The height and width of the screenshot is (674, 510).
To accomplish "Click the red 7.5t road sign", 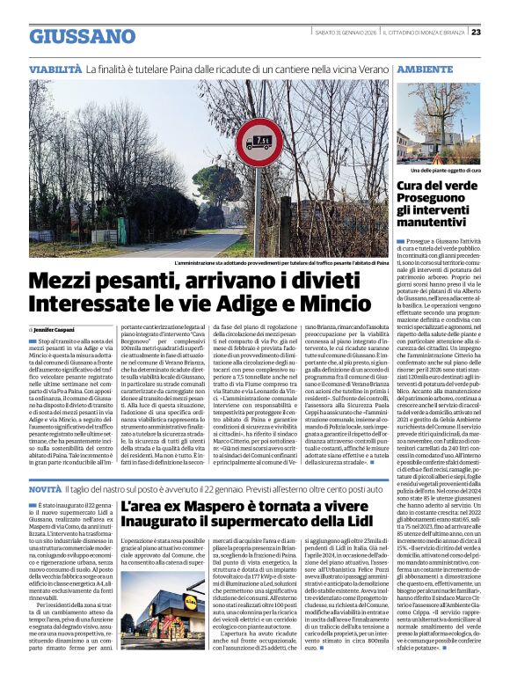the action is tap(261, 140).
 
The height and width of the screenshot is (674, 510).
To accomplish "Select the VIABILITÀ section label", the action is tap(55, 69).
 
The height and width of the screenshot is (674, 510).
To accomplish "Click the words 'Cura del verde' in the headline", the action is tap(440, 186).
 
